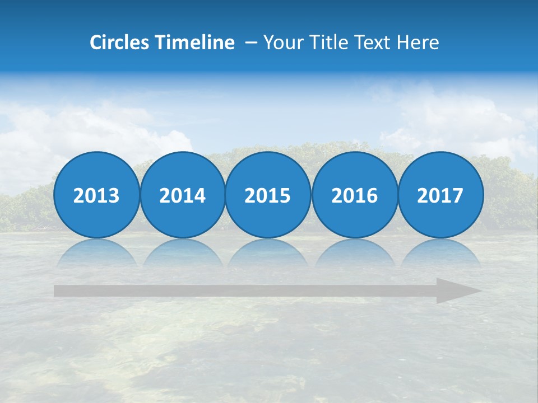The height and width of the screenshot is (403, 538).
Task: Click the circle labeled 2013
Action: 96,195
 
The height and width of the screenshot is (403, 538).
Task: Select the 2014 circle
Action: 182,195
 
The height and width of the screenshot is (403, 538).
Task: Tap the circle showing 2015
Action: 268,195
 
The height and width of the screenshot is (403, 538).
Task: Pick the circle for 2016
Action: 354,195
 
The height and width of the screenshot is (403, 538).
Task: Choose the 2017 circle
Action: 440,195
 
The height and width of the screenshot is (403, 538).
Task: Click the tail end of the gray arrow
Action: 58,291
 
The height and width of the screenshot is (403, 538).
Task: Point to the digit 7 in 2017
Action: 458,195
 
